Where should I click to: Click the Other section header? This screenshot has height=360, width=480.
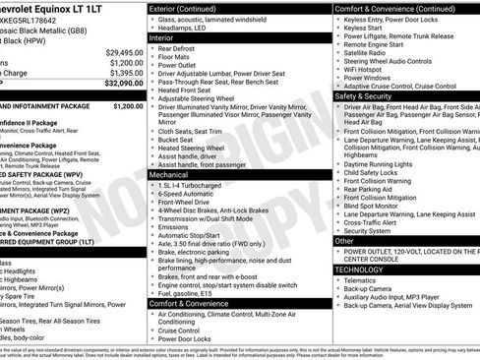tap(344, 240)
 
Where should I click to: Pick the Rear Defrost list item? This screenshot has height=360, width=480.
tap(183, 48)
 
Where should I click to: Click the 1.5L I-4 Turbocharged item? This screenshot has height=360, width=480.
tap(197, 184)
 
